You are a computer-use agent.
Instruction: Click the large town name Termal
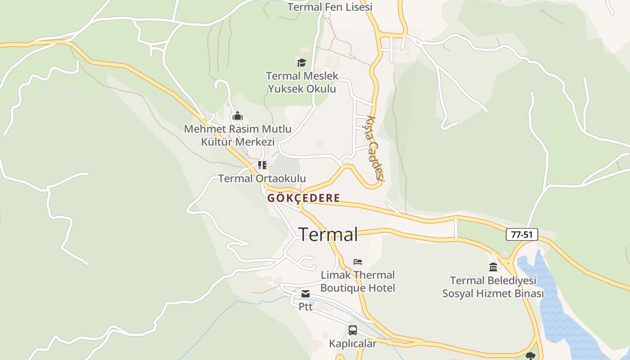(x=328, y=234)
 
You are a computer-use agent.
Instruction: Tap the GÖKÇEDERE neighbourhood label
(x=304, y=198)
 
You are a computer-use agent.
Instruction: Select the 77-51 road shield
(x=522, y=234)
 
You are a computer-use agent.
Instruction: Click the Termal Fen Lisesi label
(x=330, y=7)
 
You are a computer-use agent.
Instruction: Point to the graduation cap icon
(x=301, y=63)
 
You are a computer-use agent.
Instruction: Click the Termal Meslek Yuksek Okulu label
(x=302, y=82)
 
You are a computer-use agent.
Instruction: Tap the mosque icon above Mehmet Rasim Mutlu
(x=238, y=117)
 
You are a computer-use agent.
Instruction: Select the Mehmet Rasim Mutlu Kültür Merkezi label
(x=238, y=135)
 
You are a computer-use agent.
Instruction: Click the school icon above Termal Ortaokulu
(x=262, y=165)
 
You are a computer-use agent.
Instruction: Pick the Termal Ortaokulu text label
(x=262, y=179)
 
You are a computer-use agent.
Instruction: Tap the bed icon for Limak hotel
(x=358, y=261)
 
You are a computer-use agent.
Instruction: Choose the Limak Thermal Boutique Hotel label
(x=358, y=281)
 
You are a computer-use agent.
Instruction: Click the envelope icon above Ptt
(x=306, y=294)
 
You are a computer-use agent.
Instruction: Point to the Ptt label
(x=306, y=307)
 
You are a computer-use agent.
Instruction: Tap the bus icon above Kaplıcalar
(x=353, y=330)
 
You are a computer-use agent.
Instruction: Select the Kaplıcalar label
(x=353, y=344)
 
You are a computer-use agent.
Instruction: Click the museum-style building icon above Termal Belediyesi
(x=493, y=267)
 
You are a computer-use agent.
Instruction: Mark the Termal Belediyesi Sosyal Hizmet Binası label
(x=493, y=287)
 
